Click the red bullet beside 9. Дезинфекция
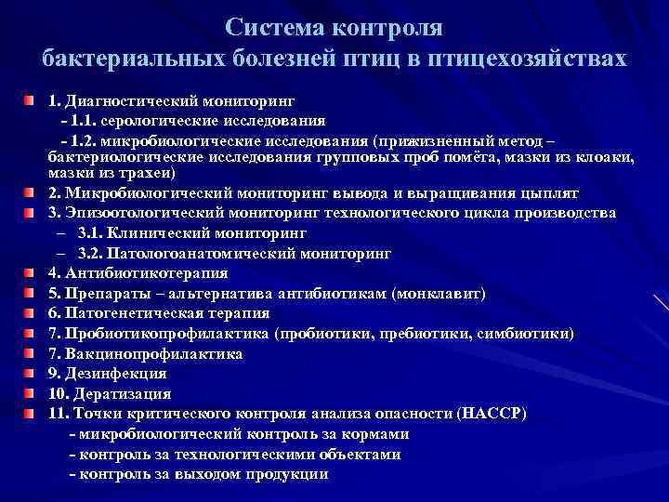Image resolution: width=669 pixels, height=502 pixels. coord(30,373)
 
